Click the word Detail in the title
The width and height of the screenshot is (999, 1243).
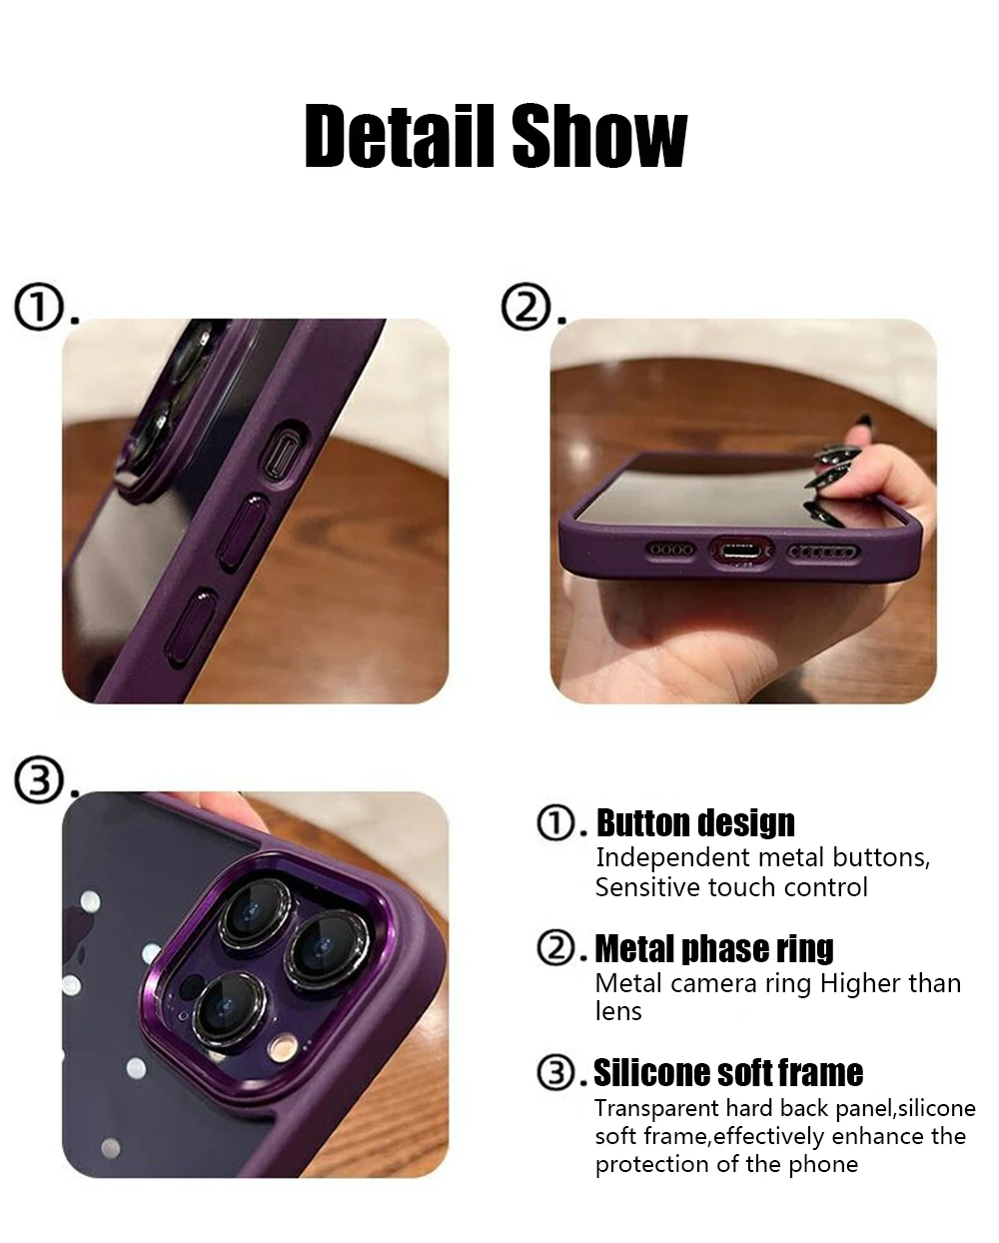pyautogui.click(x=400, y=136)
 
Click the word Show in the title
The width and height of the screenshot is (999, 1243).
pyautogui.click(x=600, y=136)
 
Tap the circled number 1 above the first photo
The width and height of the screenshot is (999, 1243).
pyautogui.click(x=38, y=306)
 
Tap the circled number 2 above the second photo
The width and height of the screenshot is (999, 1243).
pyautogui.click(x=525, y=306)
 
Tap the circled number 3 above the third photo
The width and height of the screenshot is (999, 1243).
pyautogui.click(x=38, y=779)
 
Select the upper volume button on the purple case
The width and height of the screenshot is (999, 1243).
pyautogui.click(x=242, y=532)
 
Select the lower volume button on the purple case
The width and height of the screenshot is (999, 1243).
pyautogui.click(x=191, y=626)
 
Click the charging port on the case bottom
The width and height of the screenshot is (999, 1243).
pyautogui.click(x=740, y=553)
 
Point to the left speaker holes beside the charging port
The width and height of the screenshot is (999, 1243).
pyautogui.click(x=670, y=550)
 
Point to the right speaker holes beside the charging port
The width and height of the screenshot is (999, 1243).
pyautogui.click(x=823, y=553)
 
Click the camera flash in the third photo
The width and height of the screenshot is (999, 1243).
pyautogui.click(x=283, y=1046)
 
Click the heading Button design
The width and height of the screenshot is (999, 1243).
pyautogui.click(x=695, y=823)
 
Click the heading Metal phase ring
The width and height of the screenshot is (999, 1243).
pyautogui.click(x=714, y=949)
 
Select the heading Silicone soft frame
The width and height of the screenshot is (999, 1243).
pyautogui.click(x=728, y=1073)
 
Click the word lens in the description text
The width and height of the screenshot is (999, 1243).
pyautogui.click(x=618, y=1012)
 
